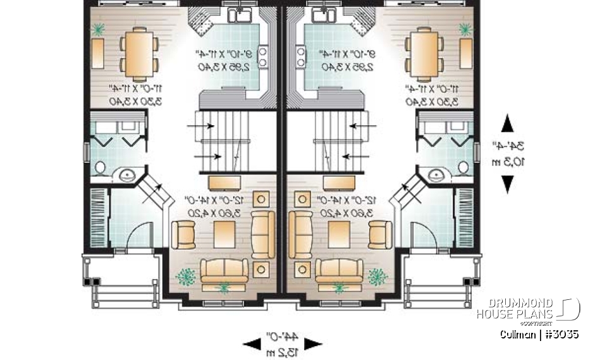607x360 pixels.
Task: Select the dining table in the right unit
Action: (422, 54)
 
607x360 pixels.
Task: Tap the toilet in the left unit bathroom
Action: (100, 168)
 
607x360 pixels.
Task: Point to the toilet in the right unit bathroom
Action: (462, 168)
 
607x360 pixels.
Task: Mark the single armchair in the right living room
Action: (379, 235)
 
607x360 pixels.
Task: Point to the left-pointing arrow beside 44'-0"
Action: (251, 344)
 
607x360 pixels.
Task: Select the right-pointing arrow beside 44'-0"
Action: (314, 344)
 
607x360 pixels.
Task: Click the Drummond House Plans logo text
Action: (515, 309)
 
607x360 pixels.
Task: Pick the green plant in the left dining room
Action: (98, 28)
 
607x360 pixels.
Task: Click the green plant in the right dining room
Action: (465, 28)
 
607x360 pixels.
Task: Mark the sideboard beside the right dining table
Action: (465, 53)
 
